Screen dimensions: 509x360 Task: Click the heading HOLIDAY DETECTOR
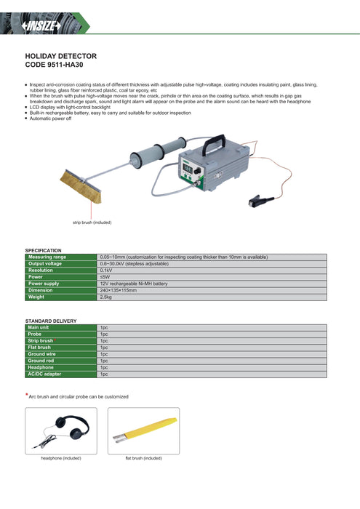(60, 56)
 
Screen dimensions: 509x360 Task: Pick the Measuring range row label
(47, 257)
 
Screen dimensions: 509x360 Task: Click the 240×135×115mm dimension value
(119, 289)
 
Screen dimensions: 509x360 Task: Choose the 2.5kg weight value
(106, 297)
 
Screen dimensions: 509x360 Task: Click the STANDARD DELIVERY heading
(50, 321)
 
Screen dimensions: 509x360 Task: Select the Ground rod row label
(41, 361)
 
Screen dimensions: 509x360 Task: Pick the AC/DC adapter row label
(44, 374)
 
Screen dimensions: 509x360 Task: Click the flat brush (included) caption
(143, 458)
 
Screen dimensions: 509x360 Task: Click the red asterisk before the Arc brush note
(27, 395)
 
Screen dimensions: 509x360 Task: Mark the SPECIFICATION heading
(43, 250)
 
